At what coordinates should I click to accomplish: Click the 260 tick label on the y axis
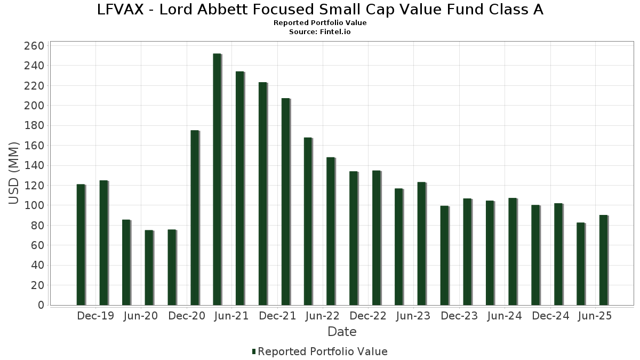(34, 46)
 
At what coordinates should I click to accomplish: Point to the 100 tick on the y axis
(34, 205)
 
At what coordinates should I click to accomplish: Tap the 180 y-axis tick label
(34, 126)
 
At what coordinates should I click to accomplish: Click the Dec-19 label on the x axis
(95, 316)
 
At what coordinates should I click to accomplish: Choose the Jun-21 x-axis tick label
(231, 316)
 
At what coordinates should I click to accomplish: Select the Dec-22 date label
(368, 316)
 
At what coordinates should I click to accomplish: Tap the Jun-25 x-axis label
(595, 316)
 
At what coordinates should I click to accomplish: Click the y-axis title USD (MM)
(14, 173)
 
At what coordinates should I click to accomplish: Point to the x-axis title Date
(342, 332)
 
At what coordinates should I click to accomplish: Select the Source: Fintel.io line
(320, 32)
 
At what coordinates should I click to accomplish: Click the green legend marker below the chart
(254, 351)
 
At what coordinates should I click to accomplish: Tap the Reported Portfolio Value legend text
(323, 351)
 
